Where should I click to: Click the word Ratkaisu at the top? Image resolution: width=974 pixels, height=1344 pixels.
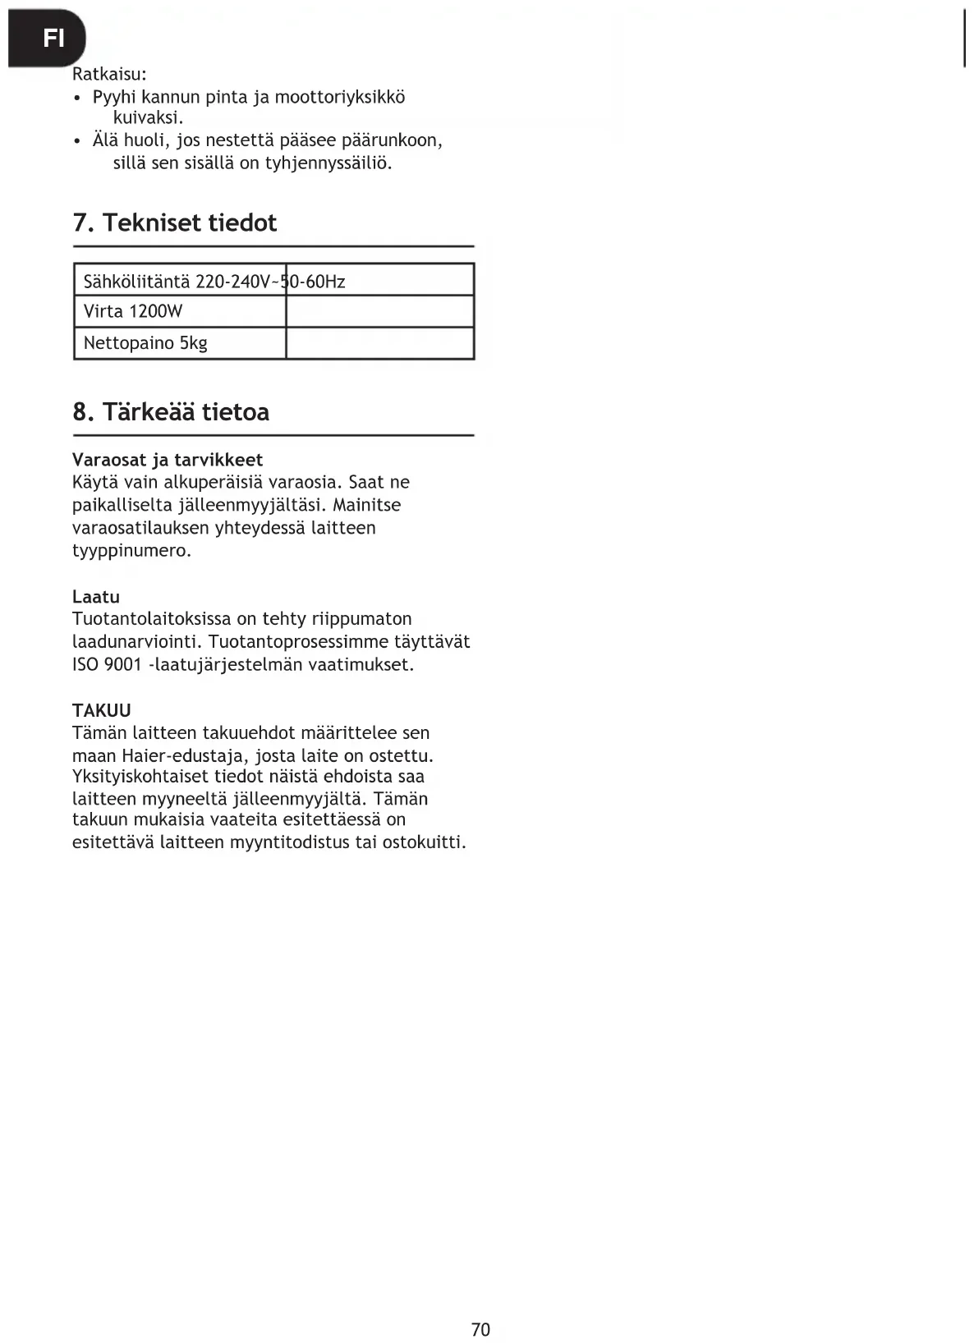pos(108,74)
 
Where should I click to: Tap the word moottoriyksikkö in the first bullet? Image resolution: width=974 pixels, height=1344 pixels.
pos(339,97)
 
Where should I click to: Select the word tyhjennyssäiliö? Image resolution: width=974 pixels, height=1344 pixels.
pos(328,163)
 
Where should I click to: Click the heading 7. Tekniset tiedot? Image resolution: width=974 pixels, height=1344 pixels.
pos(175,222)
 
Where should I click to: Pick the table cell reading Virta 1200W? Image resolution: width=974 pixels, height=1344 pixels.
pos(133,311)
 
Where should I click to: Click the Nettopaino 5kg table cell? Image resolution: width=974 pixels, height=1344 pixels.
pos(145,342)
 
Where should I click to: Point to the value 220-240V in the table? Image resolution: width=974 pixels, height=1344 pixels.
pos(232,282)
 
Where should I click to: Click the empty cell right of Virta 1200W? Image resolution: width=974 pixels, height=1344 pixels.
pos(379,311)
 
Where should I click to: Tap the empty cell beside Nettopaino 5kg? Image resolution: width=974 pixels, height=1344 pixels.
pos(379,342)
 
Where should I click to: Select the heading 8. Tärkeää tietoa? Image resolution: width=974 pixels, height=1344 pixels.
pos(171,411)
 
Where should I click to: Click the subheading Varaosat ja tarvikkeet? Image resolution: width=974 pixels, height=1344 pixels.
pos(168,460)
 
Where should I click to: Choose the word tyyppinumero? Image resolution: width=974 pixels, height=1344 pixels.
pos(131,550)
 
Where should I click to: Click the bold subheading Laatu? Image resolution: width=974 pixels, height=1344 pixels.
pos(96,597)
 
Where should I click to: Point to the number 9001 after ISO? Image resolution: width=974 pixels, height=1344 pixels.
pos(123,664)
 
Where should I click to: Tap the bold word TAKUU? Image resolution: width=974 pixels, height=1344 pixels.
pos(102,710)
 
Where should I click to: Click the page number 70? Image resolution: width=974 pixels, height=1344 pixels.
pos(481,1329)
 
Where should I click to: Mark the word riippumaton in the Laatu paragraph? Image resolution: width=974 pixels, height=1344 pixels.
pos(362,619)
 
